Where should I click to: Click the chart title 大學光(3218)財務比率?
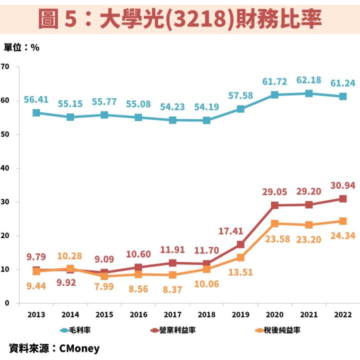180,19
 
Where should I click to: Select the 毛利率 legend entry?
75,330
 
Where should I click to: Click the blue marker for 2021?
309,93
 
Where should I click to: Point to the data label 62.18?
309,80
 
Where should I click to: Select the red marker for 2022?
343,198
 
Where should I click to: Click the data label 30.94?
343,185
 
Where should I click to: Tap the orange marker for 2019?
240,257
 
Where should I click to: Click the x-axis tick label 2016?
138,314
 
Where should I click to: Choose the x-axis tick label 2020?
274,314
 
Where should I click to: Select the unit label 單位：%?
21,47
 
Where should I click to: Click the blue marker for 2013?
36,113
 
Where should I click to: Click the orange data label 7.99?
104,288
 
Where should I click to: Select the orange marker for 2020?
274,223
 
